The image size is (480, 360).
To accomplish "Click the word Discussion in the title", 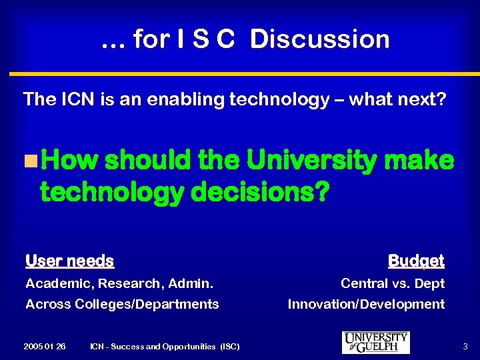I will tap(320, 39).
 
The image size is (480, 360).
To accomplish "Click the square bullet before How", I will tap(29, 161).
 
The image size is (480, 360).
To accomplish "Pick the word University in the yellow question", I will tap(311, 161).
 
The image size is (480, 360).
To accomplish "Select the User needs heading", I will tap(69, 261).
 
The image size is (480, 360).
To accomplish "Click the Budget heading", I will tap(416, 261).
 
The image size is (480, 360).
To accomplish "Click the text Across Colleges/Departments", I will tap(122, 304).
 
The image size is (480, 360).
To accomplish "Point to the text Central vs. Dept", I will tap(393, 283).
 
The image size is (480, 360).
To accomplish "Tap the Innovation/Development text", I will tap(366, 304).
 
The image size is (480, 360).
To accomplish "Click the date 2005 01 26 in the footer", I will tap(44, 346).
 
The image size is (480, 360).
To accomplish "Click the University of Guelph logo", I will tap(375, 342).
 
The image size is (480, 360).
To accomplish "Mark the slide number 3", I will tap(465, 346).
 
